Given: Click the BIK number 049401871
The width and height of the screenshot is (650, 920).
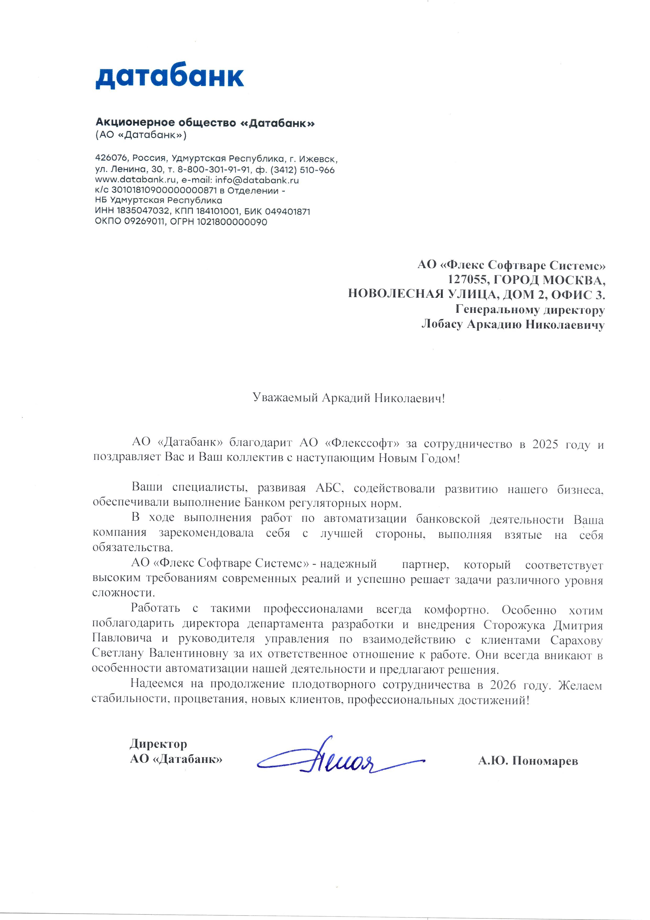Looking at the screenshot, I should pyautogui.click(x=287, y=211).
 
